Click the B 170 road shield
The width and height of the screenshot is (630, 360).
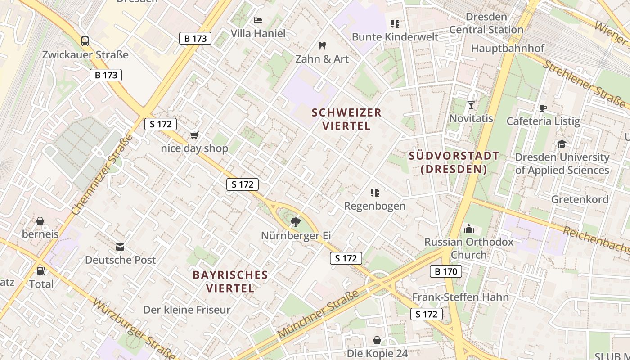point(446,271)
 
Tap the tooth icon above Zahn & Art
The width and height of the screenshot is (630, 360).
point(322,45)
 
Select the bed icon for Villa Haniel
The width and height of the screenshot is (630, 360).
point(258,20)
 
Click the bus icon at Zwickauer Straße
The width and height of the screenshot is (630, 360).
point(85,41)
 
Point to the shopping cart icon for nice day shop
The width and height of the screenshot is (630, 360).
point(194,135)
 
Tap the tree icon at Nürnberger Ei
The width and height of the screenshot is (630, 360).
point(296,222)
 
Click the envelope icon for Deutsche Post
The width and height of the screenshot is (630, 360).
point(120,247)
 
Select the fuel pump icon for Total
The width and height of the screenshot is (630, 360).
point(41,271)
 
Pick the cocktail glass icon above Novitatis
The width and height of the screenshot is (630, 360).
point(471,105)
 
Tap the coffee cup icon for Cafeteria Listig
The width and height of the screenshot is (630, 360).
point(543,108)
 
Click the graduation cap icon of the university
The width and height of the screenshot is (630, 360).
point(562,144)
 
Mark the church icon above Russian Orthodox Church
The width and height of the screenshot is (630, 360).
point(469,229)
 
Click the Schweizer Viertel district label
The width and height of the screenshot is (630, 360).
point(346,119)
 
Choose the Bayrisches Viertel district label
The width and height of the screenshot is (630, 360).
point(230,281)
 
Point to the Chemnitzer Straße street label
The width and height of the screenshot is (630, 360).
point(103,174)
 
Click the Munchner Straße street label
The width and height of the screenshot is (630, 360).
point(318,315)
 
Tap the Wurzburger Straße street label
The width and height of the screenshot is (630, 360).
point(133,328)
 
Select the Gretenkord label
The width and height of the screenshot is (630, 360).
point(580,199)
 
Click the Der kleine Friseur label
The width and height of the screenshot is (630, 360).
point(187,310)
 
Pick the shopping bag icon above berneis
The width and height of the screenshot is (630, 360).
point(40,221)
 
